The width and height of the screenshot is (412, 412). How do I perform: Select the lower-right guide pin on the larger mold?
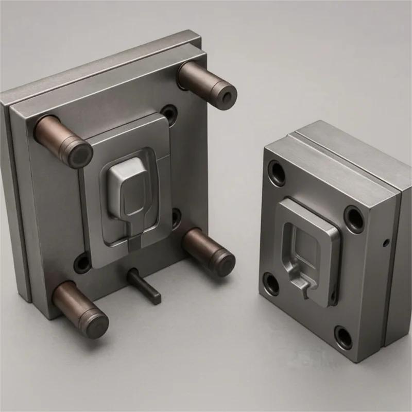pyautogui.click(x=209, y=251)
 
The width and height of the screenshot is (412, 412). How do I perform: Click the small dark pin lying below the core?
pyautogui.click(x=145, y=286)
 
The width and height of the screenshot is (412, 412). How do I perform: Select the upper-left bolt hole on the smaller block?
pyautogui.click(x=277, y=173)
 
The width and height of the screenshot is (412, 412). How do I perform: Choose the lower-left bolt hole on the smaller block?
pyautogui.click(x=271, y=283)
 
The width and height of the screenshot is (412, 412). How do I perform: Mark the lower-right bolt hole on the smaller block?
pyautogui.click(x=344, y=337)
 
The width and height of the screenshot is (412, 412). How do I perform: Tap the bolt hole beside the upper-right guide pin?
pyautogui.click(x=168, y=113)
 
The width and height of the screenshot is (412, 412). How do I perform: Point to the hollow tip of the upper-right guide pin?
pyautogui.click(x=226, y=95)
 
